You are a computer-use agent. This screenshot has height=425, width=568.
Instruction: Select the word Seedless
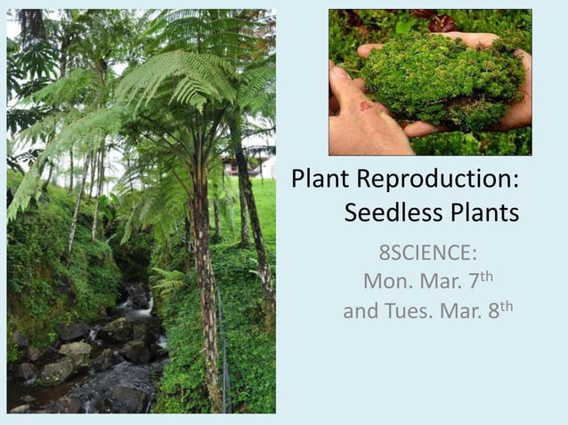pyautogui.click(x=387, y=213)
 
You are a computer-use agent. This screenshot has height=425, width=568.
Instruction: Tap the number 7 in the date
pyautogui.click(x=474, y=283)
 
